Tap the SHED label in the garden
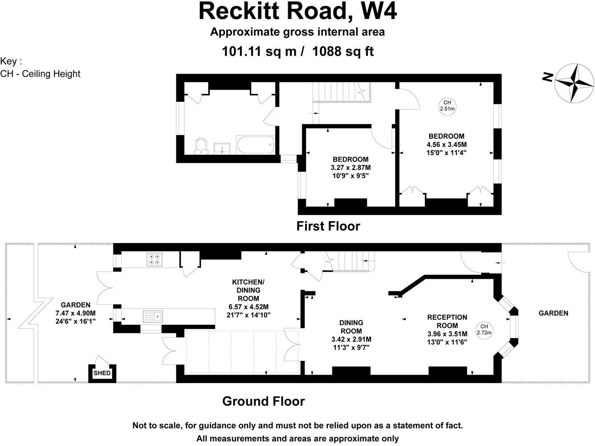tap(102, 373)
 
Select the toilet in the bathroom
tap(202, 146)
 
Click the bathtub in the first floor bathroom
tap(256, 145)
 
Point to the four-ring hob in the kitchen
tap(155, 260)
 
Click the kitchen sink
tap(153, 317)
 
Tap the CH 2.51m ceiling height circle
tap(447, 106)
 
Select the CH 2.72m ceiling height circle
tap(484, 329)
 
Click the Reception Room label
tap(447, 322)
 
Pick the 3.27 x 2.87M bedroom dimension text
tap(350, 168)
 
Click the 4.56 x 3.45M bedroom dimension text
tap(446, 145)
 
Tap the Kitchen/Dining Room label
tap(248, 290)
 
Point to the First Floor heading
tap(328, 226)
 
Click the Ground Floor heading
tap(263, 401)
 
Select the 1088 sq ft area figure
tap(343, 52)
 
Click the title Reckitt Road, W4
tap(297, 12)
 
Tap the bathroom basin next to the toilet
tap(222, 148)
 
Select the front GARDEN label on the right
tap(553, 313)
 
